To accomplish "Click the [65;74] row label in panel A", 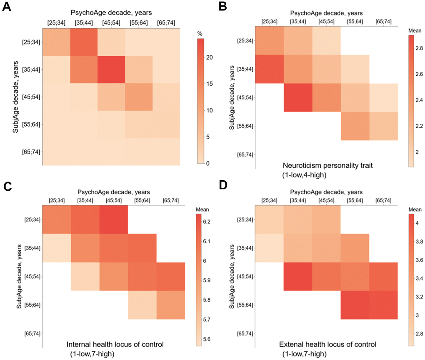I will pyautogui.click(x=32, y=152).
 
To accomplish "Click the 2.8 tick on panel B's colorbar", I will pyautogui.click(x=417, y=49).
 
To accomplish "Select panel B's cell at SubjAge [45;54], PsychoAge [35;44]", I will pyautogui.click(x=298, y=97).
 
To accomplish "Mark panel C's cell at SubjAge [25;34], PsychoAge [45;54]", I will pyautogui.click(x=113, y=220).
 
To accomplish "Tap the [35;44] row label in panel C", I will pyautogui.click(x=32, y=248).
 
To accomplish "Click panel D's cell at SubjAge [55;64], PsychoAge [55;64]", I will pyautogui.click(x=355, y=305).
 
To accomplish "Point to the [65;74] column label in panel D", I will pyautogui.click(x=383, y=200).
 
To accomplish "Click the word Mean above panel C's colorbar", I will pyautogui.click(x=203, y=210).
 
